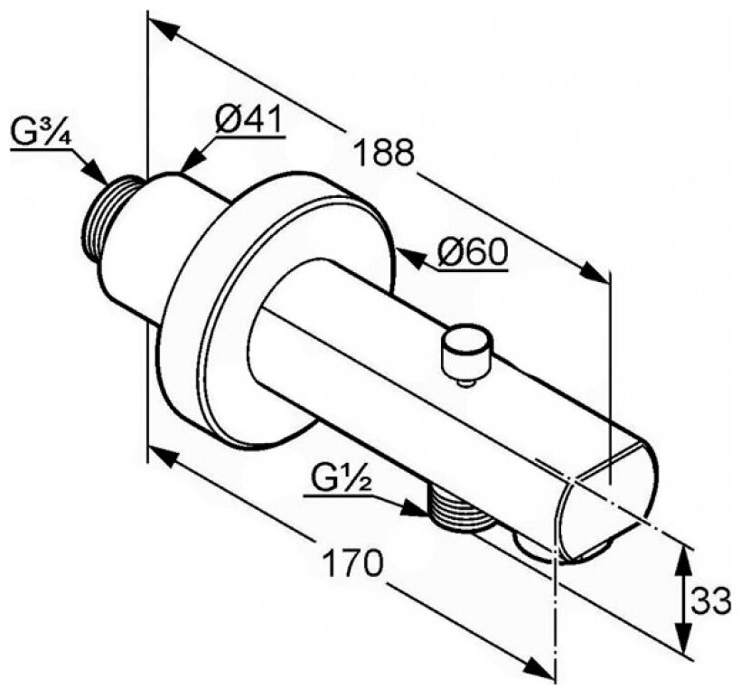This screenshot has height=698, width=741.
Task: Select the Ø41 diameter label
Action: coord(249,119)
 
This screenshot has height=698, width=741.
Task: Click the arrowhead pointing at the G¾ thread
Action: coord(94,174)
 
